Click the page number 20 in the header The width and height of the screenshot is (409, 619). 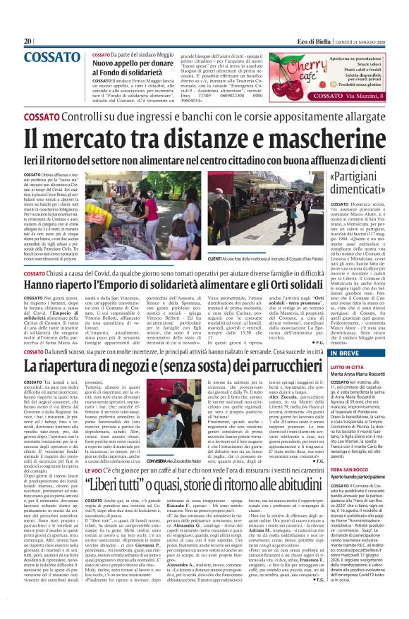(x=28, y=42)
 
